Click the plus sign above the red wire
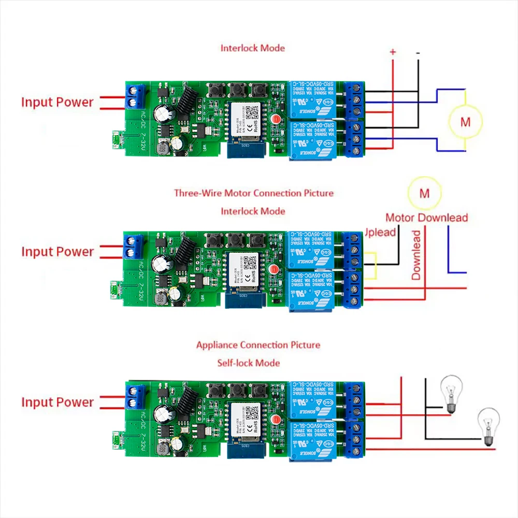pos(393,52)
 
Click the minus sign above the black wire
pos(418,53)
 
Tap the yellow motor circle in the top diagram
pos(465,122)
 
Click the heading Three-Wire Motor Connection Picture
pos(253,193)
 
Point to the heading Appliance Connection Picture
pos(258,345)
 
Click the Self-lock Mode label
pos(249,363)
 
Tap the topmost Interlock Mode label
pos(253,48)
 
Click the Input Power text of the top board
pos(57,102)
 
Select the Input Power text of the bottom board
pos(57,402)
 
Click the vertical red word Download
pos(416,255)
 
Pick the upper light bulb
pos(450,394)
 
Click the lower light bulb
pos(488,425)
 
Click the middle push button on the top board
pos(237,90)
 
